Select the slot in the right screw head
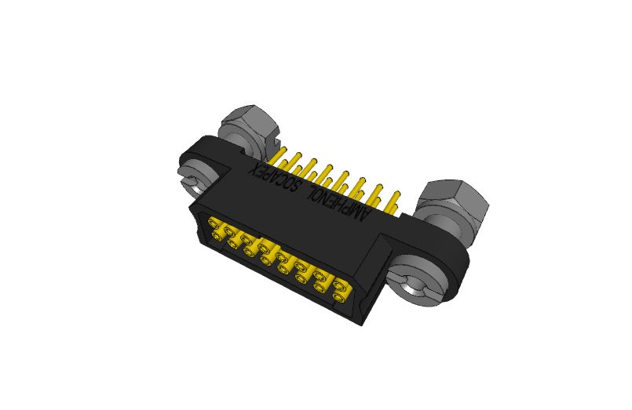(x=425, y=287)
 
